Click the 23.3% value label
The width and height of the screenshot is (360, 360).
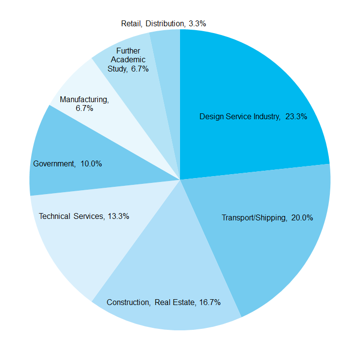[296, 117]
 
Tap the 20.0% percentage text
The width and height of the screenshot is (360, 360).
[302, 217]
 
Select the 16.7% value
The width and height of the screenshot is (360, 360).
[210, 302]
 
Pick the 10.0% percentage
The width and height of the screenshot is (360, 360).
[91, 164]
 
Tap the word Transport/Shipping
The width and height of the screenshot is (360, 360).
[254, 217]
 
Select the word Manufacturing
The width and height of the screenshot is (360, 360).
[84, 100]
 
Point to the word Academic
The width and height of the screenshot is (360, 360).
[128, 59]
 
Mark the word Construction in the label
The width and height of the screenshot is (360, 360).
[128, 302]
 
